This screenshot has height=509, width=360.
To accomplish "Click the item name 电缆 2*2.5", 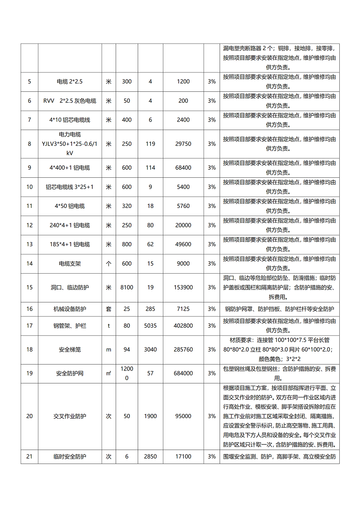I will [70, 81].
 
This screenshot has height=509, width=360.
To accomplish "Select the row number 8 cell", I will [29, 144].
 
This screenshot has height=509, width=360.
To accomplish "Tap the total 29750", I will [183, 144].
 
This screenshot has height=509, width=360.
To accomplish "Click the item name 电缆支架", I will [70, 264].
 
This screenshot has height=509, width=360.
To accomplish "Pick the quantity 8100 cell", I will [126, 287].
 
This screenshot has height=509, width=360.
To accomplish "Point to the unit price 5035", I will [150, 326].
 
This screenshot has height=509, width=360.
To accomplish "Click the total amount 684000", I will [183, 373].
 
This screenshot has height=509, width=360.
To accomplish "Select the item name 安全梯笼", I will [70, 349].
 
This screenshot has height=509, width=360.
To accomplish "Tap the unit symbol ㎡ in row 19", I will [108, 373].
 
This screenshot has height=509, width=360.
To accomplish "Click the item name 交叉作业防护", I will [70, 416].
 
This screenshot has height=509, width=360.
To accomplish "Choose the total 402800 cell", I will [183, 326].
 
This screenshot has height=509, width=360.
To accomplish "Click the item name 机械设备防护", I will [70, 309].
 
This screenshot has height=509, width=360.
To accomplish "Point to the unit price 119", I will [150, 144].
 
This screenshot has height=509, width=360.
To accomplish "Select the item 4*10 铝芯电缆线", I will [70, 120].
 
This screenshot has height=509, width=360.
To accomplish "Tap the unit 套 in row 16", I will [108, 309].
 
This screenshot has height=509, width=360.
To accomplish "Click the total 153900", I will [183, 287].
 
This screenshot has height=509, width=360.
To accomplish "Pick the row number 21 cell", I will [29, 457].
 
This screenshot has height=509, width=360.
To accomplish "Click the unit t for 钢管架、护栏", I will [108, 326].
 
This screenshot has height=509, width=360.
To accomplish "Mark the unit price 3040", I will [150, 349].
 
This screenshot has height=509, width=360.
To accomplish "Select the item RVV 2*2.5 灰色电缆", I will [70, 101].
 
